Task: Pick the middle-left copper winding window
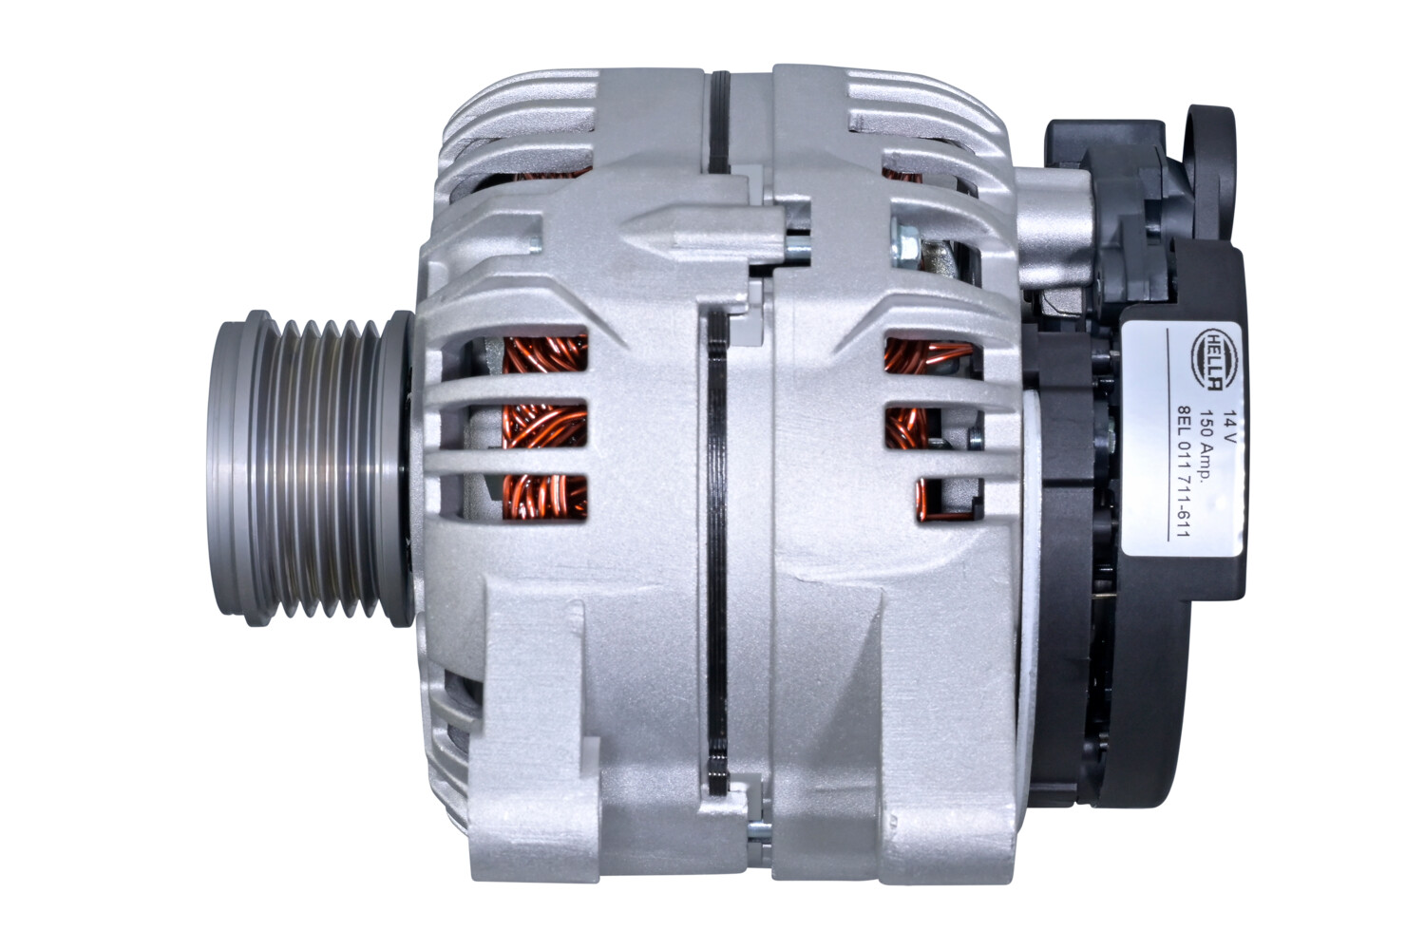(543, 427)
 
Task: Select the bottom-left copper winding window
(543, 497)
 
